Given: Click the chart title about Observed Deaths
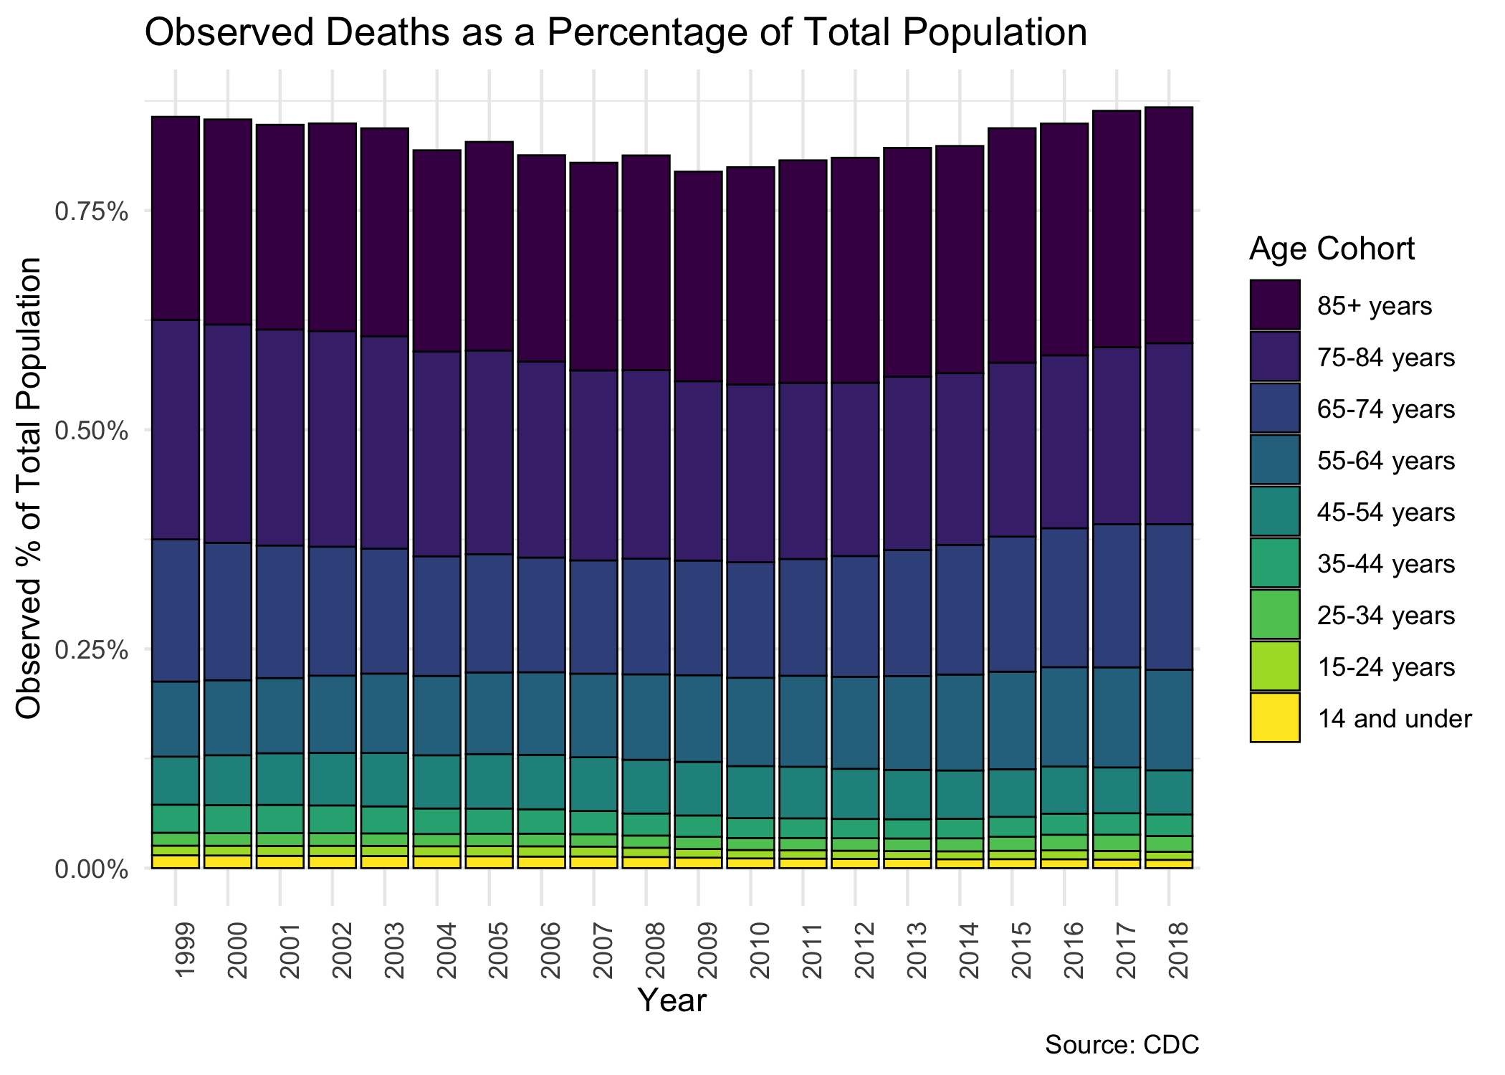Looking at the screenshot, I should click(616, 33).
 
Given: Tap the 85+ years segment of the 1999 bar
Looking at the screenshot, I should click(176, 218).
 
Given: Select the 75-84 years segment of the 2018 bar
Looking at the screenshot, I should click(1169, 434).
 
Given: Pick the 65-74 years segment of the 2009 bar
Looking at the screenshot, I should click(698, 618).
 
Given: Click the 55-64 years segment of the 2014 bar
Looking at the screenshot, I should click(960, 722).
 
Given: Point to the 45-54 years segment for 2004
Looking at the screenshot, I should click(437, 782).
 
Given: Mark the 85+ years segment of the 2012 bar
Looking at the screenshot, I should click(855, 270).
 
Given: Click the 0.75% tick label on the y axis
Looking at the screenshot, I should click(92, 212).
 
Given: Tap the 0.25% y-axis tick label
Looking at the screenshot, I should click(92, 651).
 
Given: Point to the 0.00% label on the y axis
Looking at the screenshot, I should click(92, 870).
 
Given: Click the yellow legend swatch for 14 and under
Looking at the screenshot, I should click(1275, 717).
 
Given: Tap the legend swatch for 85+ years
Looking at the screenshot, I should click(1275, 305).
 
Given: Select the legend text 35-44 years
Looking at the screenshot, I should click(1386, 564).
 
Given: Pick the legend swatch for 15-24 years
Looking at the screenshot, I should click(1275, 666).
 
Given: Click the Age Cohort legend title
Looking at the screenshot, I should click(1332, 249).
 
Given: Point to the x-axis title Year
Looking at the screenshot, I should click(672, 1000).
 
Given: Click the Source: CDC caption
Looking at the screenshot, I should click(1122, 1045).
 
